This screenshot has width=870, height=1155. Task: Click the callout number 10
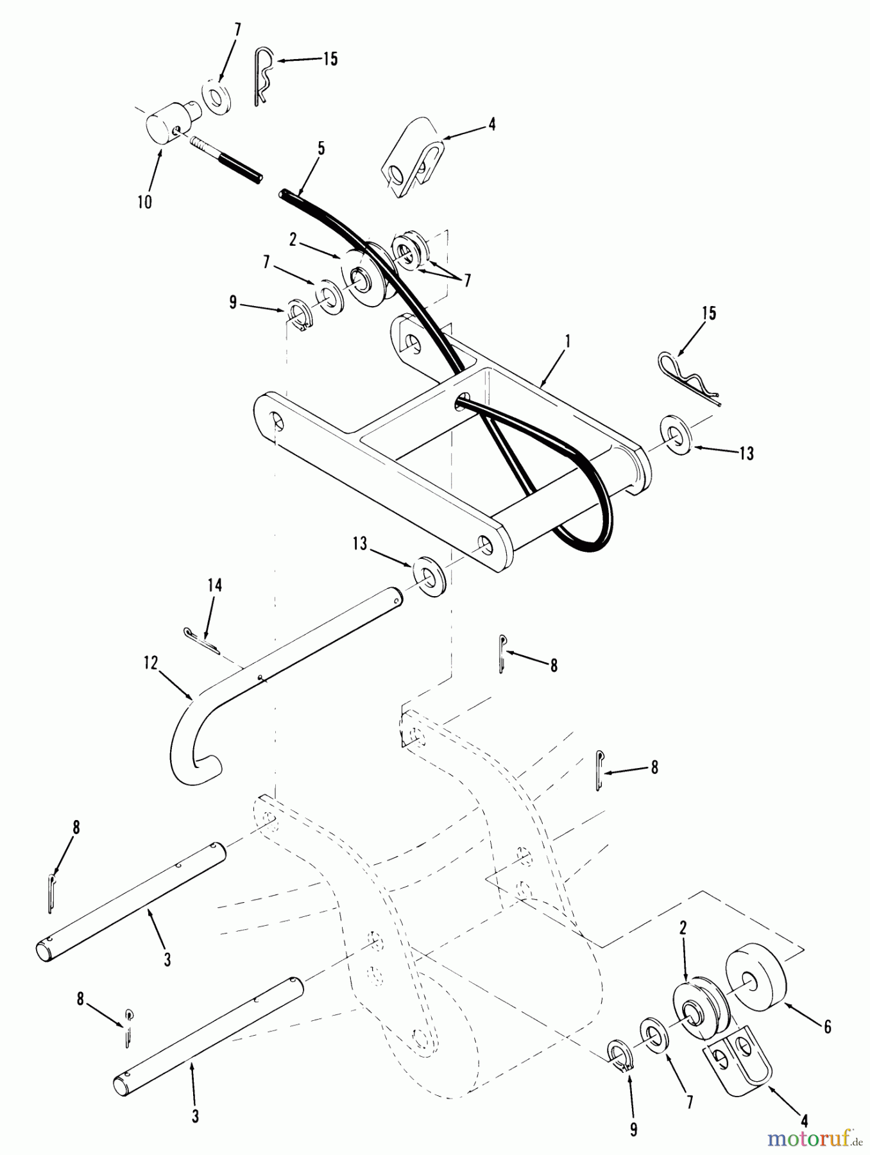tap(145, 202)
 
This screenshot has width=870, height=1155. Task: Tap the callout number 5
tap(321, 149)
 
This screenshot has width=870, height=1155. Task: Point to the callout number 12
tap(151, 663)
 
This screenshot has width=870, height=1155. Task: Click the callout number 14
tap(214, 585)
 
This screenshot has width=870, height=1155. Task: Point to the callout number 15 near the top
tap(329, 59)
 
